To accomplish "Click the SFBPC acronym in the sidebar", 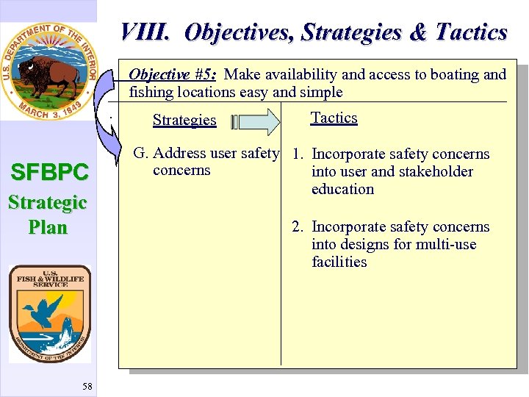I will coord(48,173).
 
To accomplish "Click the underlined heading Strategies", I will coord(184,120).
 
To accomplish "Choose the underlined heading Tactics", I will coord(334,118).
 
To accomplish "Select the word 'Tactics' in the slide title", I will coord(471,32).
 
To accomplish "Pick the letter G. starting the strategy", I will coord(140,154).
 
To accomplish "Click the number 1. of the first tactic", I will coord(298,154).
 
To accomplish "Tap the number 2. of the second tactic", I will coord(298,227).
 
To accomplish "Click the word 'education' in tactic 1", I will coord(342,189).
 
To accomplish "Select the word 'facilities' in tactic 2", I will coord(339,262).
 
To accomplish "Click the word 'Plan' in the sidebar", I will coord(48,227).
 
